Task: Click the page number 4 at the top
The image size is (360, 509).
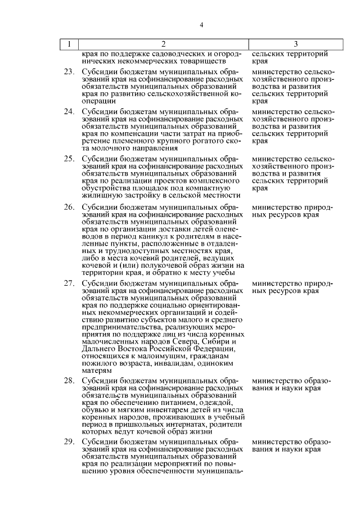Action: tap(201, 24)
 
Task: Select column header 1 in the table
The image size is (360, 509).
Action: tap(69, 44)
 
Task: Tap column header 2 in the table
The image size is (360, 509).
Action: tap(163, 44)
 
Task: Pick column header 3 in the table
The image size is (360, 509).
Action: tap(295, 44)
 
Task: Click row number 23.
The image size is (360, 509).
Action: tap(69, 72)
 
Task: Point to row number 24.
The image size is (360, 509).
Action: tap(69, 112)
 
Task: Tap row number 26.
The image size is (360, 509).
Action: tap(69, 207)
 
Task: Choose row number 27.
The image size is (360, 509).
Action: tap(69, 282)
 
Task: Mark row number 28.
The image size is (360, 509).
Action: tap(69, 381)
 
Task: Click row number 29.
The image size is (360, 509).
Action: tap(69, 442)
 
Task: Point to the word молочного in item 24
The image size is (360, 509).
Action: tap(107, 148)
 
